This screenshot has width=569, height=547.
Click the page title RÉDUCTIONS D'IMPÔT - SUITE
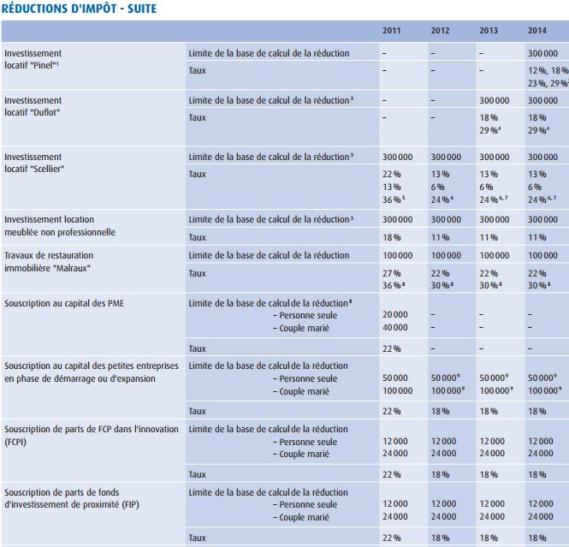pyautogui.click(x=79, y=9)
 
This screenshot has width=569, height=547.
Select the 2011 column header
pyautogui.click(x=391, y=32)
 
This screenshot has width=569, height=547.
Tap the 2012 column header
pyautogui.click(x=440, y=32)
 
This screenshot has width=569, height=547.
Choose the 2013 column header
pyautogui.click(x=489, y=32)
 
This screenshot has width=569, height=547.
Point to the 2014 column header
pyautogui.click(x=537, y=32)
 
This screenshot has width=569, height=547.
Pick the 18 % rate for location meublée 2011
pyautogui.click(x=392, y=237)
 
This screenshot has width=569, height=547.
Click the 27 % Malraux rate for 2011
pyautogui.click(x=392, y=272)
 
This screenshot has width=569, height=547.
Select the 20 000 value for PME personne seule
pyautogui.click(x=394, y=314)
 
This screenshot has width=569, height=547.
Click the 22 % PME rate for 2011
pyautogui.click(x=392, y=348)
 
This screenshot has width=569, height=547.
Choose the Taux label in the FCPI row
pyautogui.click(x=197, y=473)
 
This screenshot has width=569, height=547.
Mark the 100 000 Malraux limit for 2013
pyautogui.click(x=494, y=255)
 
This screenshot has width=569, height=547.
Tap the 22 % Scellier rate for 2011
pyautogui.click(x=392, y=174)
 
